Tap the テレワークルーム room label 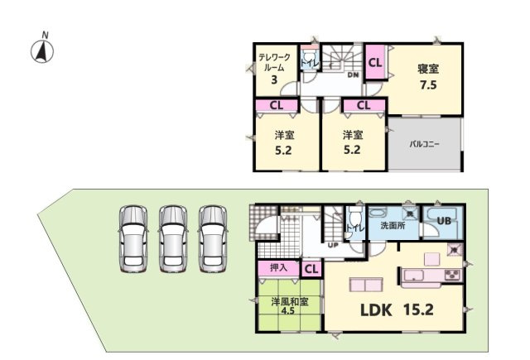[274, 62]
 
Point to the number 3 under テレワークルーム [273, 80]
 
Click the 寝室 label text [427, 70]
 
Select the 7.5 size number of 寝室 [427, 86]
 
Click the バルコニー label [424, 144]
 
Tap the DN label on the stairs [354, 75]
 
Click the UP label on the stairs [332, 245]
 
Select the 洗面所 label [392, 224]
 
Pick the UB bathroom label [444, 221]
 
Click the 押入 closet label [278, 269]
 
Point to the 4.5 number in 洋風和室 [287, 312]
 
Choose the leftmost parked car [132, 237]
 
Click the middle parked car [172, 237]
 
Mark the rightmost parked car [212, 237]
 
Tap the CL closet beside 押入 [311, 269]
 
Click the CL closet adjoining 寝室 [374, 62]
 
